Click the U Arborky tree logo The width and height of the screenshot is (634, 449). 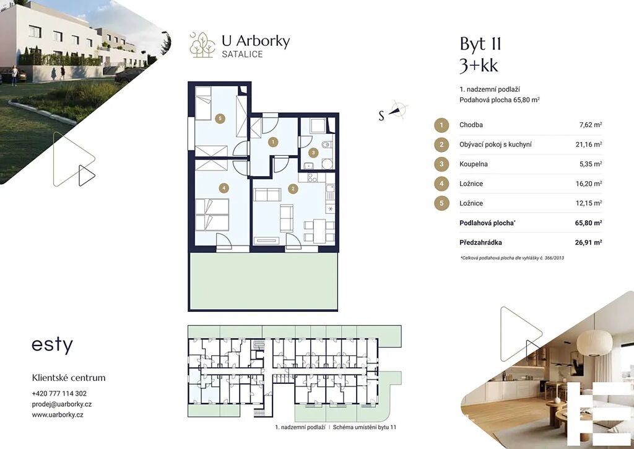[x=202, y=45]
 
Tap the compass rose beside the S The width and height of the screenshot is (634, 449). [x=398, y=109]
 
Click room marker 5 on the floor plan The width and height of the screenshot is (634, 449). [x=220, y=118]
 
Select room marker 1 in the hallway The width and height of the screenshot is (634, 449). [x=273, y=141]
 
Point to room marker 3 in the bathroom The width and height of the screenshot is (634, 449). [x=313, y=153]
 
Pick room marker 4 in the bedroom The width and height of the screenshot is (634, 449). [x=224, y=188]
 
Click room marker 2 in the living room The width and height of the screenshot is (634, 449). [x=293, y=189]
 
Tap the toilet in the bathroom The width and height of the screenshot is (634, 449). [x=326, y=144]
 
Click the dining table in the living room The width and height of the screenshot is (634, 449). [x=319, y=231]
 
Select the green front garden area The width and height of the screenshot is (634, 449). [x=263, y=281]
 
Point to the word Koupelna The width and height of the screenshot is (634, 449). [x=474, y=164]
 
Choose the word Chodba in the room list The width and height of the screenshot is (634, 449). [x=471, y=125]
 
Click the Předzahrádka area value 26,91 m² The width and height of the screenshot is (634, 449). [x=588, y=242]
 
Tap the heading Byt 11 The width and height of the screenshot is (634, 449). [x=480, y=44]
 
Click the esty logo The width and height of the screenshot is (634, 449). [x=52, y=345]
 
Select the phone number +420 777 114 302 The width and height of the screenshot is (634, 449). [x=59, y=394]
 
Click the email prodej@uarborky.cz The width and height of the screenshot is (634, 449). [x=62, y=404]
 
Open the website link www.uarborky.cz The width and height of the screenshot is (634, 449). [x=58, y=415]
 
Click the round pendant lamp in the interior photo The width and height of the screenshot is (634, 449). [x=594, y=342]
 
